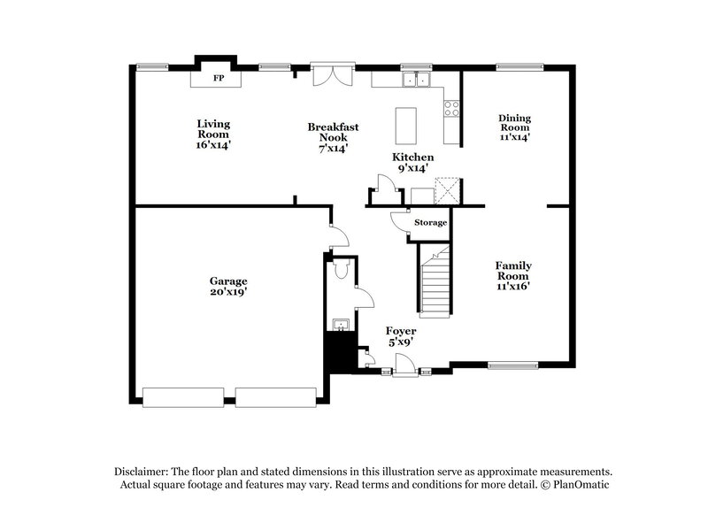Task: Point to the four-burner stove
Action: pos(450,110)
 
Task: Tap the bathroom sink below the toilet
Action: pos(339,324)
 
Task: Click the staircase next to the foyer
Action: pos(435,283)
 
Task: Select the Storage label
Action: pos(430,222)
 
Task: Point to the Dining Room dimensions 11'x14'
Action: pos(514,137)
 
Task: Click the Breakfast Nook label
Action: pos(333,133)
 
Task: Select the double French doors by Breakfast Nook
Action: pos(333,74)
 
